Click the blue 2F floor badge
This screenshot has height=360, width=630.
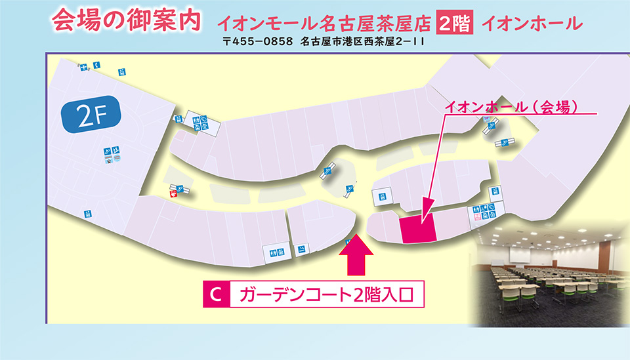91,115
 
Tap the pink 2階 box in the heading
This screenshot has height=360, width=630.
454,23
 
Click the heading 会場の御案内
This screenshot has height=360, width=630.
126,20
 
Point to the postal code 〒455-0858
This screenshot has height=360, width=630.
257,41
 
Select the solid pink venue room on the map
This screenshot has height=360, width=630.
418,228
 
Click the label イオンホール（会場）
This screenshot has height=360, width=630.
511,107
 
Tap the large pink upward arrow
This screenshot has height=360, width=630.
356,254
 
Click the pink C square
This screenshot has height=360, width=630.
216,294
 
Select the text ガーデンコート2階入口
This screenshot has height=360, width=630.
326,294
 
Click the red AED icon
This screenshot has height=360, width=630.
173,194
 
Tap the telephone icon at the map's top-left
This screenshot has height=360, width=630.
97,65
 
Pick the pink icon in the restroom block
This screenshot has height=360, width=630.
478,217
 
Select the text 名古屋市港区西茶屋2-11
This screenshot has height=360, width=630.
362,41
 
